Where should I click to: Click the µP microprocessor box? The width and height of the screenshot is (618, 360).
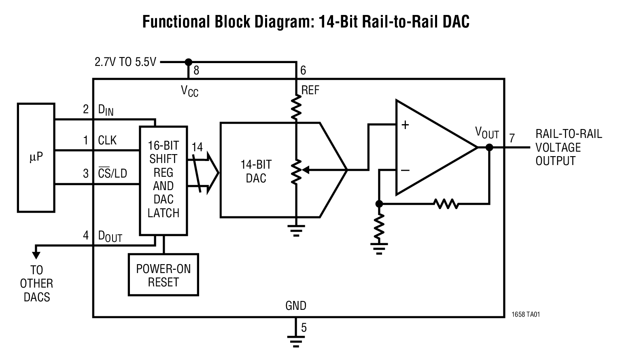[36, 157]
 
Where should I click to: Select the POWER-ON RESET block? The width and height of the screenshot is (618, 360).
[163, 275]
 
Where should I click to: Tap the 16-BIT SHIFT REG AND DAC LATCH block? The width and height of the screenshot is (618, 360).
[163, 180]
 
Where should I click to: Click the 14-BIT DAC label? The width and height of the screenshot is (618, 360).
[256, 172]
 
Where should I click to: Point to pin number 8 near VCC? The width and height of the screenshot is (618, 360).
[196, 71]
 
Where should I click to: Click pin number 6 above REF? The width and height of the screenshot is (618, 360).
[303, 71]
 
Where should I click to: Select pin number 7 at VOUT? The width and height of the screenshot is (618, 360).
[512, 138]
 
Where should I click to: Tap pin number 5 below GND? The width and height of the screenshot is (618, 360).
[304, 328]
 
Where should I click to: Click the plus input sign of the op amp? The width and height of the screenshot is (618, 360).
[405, 125]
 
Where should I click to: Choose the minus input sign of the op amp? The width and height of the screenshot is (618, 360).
[405, 171]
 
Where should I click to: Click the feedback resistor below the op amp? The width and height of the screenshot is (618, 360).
[446, 203]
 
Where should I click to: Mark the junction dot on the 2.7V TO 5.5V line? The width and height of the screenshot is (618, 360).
[188, 62]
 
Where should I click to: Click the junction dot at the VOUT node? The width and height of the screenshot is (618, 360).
[489, 147]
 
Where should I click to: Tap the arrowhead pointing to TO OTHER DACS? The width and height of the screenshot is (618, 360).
[36, 255]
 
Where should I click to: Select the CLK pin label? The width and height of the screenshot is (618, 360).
[107, 140]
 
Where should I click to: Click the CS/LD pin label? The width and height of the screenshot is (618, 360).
[113, 173]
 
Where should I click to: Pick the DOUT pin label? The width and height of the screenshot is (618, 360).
[110, 237]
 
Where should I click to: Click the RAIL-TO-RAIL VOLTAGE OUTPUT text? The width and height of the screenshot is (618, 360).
[569, 147]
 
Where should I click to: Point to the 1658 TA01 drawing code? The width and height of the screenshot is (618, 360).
[526, 314]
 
